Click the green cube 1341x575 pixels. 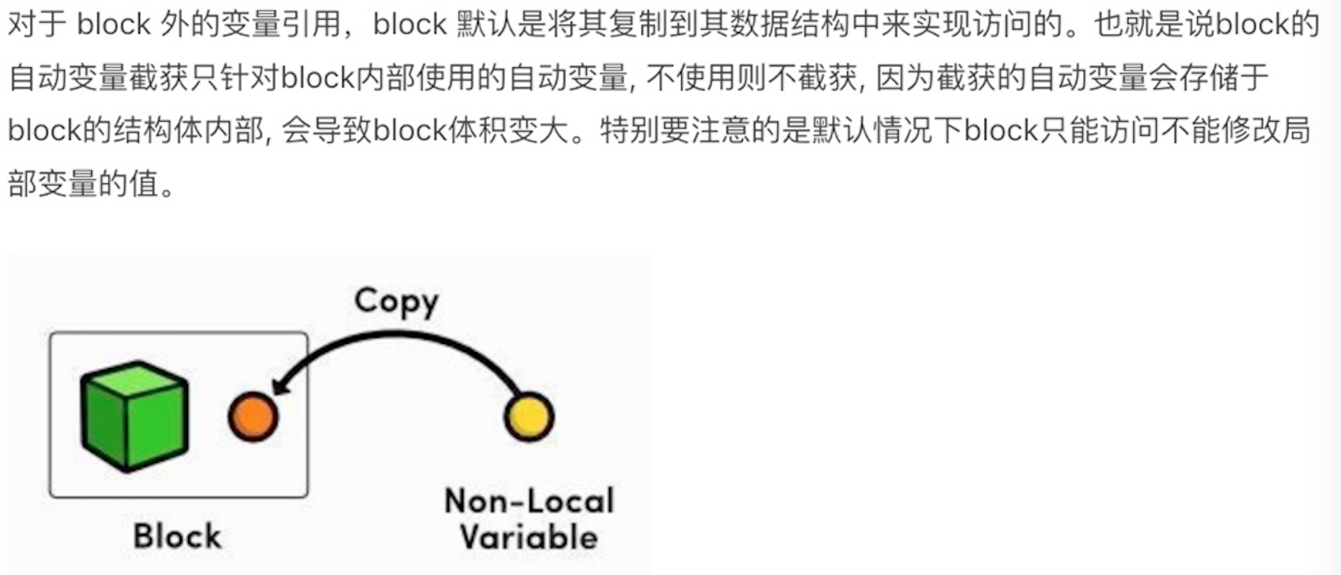(x=135, y=415)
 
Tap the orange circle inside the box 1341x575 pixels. (x=253, y=417)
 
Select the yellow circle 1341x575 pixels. (x=529, y=417)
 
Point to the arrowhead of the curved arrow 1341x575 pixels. (x=280, y=384)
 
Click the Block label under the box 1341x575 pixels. (x=177, y=536)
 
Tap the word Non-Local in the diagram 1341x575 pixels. (x=529, y=501)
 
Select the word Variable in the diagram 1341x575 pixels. (x=529, y=538)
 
